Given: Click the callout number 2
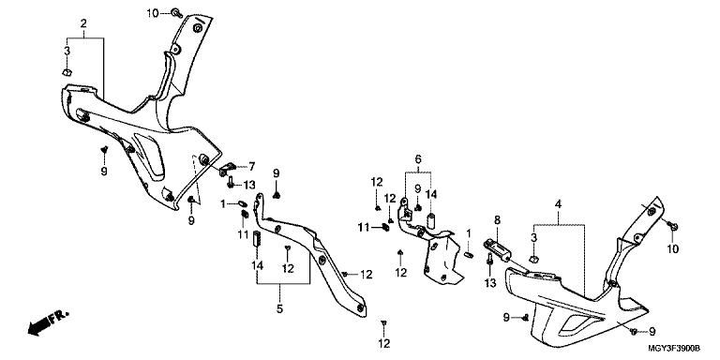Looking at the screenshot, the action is [83, 22].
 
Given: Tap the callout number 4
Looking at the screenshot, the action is [559, 204].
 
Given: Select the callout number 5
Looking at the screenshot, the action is [279, 309].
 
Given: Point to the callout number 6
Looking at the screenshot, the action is [418, 159].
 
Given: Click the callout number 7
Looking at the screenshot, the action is [251, 167].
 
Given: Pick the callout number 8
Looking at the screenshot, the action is [497, 219].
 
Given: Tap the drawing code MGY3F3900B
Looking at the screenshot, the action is [674, 349].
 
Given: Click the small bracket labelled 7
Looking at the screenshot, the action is [227, 169].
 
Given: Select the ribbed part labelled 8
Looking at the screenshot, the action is [497, 249].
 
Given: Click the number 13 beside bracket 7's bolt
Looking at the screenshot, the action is [248, 185].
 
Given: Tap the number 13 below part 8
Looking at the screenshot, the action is [490, 283].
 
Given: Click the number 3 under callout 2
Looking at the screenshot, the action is [67, 51].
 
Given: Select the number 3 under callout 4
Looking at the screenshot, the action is [533, 237].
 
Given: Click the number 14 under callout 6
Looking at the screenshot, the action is [430, 194].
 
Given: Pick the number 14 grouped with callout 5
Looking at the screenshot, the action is [257, 265].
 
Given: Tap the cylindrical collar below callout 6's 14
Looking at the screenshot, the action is [431, 219].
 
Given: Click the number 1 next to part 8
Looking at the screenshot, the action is [469, 232].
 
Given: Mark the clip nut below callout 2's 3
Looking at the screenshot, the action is [67, 72].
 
